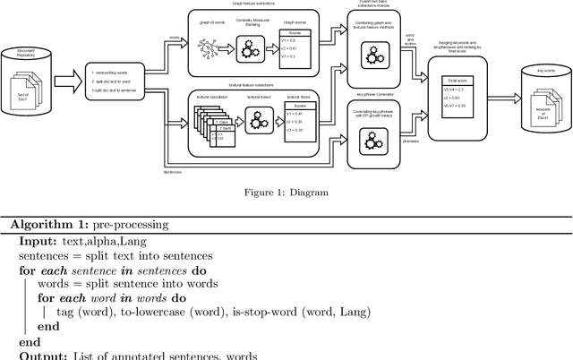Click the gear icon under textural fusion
coord(258,122)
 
